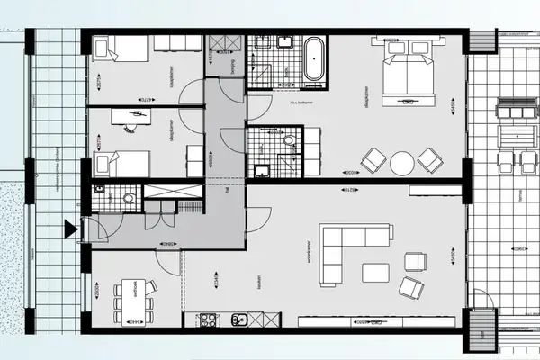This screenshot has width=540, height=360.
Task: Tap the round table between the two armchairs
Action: [x=402, y=163]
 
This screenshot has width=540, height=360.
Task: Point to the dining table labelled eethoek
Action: [x=130, y=301]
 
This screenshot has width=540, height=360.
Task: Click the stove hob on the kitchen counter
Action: [x=205, y=319]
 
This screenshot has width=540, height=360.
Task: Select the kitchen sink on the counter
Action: [x=239, y=319]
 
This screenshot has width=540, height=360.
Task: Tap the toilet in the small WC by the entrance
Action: [x=129, y=198]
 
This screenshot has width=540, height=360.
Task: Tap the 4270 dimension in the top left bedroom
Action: [x=141, y=98]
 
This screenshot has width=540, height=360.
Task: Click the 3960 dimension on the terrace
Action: [x=517, y=249]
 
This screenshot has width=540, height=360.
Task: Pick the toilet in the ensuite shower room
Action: [x=289, y=140]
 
